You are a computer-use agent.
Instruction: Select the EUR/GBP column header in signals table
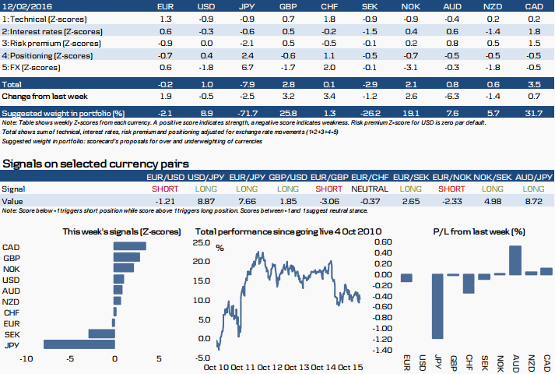pos(329,178)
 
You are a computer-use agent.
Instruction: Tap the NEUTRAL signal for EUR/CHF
pos(371,189)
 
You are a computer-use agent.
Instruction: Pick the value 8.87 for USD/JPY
pos(206,201)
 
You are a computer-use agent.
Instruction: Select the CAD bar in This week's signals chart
pos(130,246)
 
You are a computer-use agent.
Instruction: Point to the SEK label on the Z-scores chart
pos(11,333)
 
